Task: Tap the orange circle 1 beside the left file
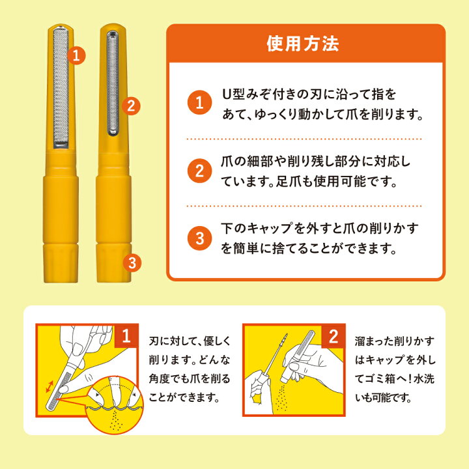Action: click(x=77, y=55)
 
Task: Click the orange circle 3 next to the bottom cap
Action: click(x=131, y=263)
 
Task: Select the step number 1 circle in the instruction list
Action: click(x=199, y=103)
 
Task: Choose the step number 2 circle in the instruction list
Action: click(x=199, y=172)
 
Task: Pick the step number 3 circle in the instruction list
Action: click(x=199, y=238)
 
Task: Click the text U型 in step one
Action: click(x=233, y=95)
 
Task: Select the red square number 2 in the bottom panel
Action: click(x=332, y=337)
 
